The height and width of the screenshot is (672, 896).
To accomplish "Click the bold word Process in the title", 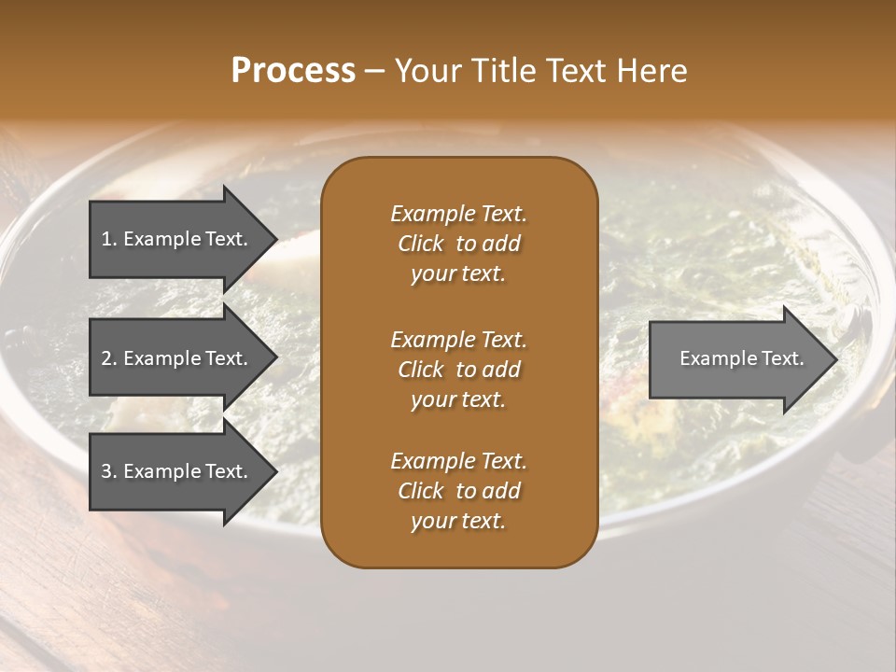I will [293, 71].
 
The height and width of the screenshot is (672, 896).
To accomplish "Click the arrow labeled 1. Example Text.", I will [177, 239].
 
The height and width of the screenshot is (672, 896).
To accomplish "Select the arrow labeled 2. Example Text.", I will [177, 358].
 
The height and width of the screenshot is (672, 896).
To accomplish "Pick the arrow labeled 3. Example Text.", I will [177, 471].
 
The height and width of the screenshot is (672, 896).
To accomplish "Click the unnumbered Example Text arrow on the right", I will [737, 359].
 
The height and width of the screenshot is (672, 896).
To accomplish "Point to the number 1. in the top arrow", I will [108, 239].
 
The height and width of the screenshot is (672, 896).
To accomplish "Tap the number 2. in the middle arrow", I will [108, 358].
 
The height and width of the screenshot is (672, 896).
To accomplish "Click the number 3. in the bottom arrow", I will [108, 471].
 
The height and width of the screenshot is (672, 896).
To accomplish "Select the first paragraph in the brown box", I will [458, 244].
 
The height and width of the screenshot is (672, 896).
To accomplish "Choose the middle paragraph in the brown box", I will [458, 369].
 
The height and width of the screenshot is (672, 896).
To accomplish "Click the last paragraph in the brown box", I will [458, 491].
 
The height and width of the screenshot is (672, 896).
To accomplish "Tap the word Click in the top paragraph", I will [420, 244].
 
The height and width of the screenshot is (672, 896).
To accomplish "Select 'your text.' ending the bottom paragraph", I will [458, 521].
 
